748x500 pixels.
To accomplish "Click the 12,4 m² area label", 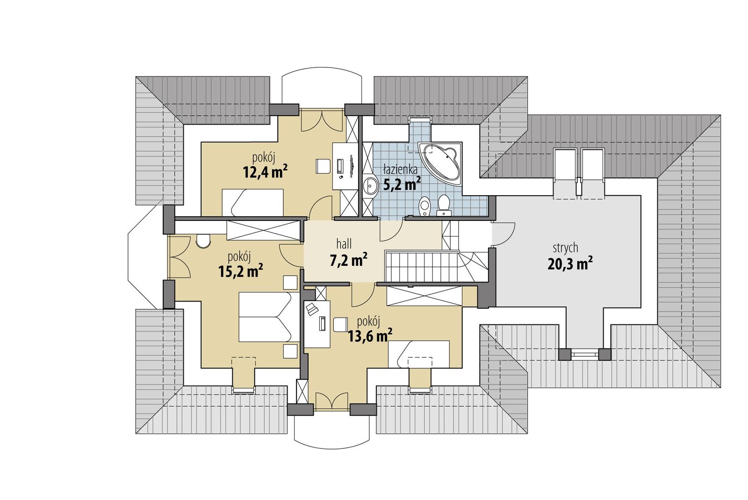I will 265,171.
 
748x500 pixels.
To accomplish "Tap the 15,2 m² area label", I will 240,271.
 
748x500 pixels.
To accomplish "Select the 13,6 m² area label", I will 370,335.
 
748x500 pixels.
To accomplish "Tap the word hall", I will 344,243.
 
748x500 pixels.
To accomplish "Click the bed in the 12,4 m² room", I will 252,202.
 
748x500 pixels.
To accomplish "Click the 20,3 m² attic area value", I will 570,264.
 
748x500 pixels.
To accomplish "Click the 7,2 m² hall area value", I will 348,260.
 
